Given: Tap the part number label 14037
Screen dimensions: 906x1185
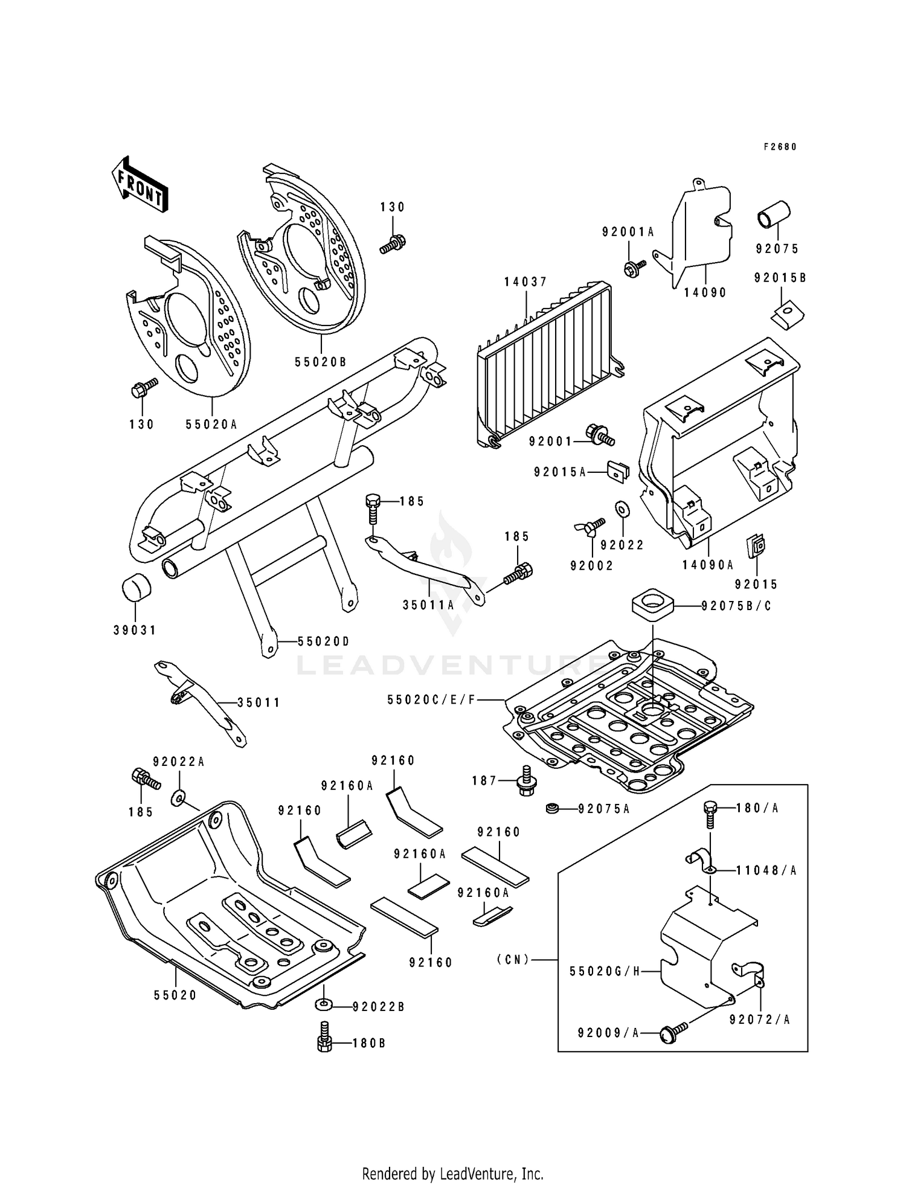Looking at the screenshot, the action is click(x=526, y=281).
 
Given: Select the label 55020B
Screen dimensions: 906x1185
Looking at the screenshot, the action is click(x=321, y=362).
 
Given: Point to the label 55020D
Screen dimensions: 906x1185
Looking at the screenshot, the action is click(x=323, y=641).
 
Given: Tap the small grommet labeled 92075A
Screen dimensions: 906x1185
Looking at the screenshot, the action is click(x=551, y=808).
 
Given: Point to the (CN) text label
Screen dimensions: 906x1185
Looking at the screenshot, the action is click(x=513, y=959).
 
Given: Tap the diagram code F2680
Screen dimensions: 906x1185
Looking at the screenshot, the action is click(x=780, y=146).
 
